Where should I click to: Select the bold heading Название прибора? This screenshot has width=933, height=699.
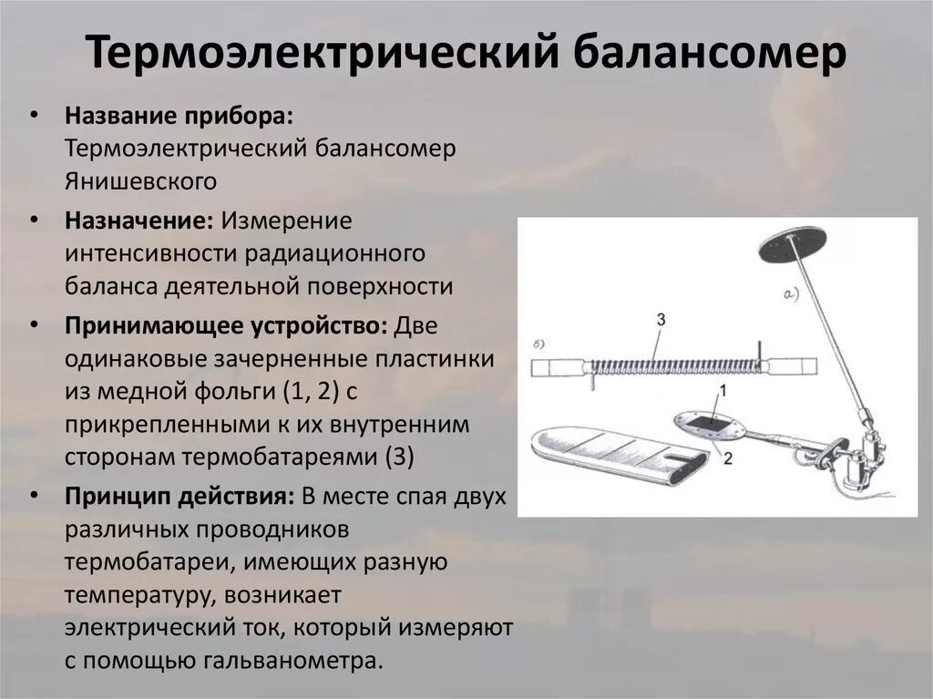click(179, 118)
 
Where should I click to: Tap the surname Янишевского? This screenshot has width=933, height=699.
click(140, 180)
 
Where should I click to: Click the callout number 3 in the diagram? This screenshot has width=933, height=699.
click(660, 318)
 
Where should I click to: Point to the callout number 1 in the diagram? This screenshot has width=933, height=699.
click(723, 390)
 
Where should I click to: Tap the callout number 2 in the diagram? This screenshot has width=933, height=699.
click(727, 459)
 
